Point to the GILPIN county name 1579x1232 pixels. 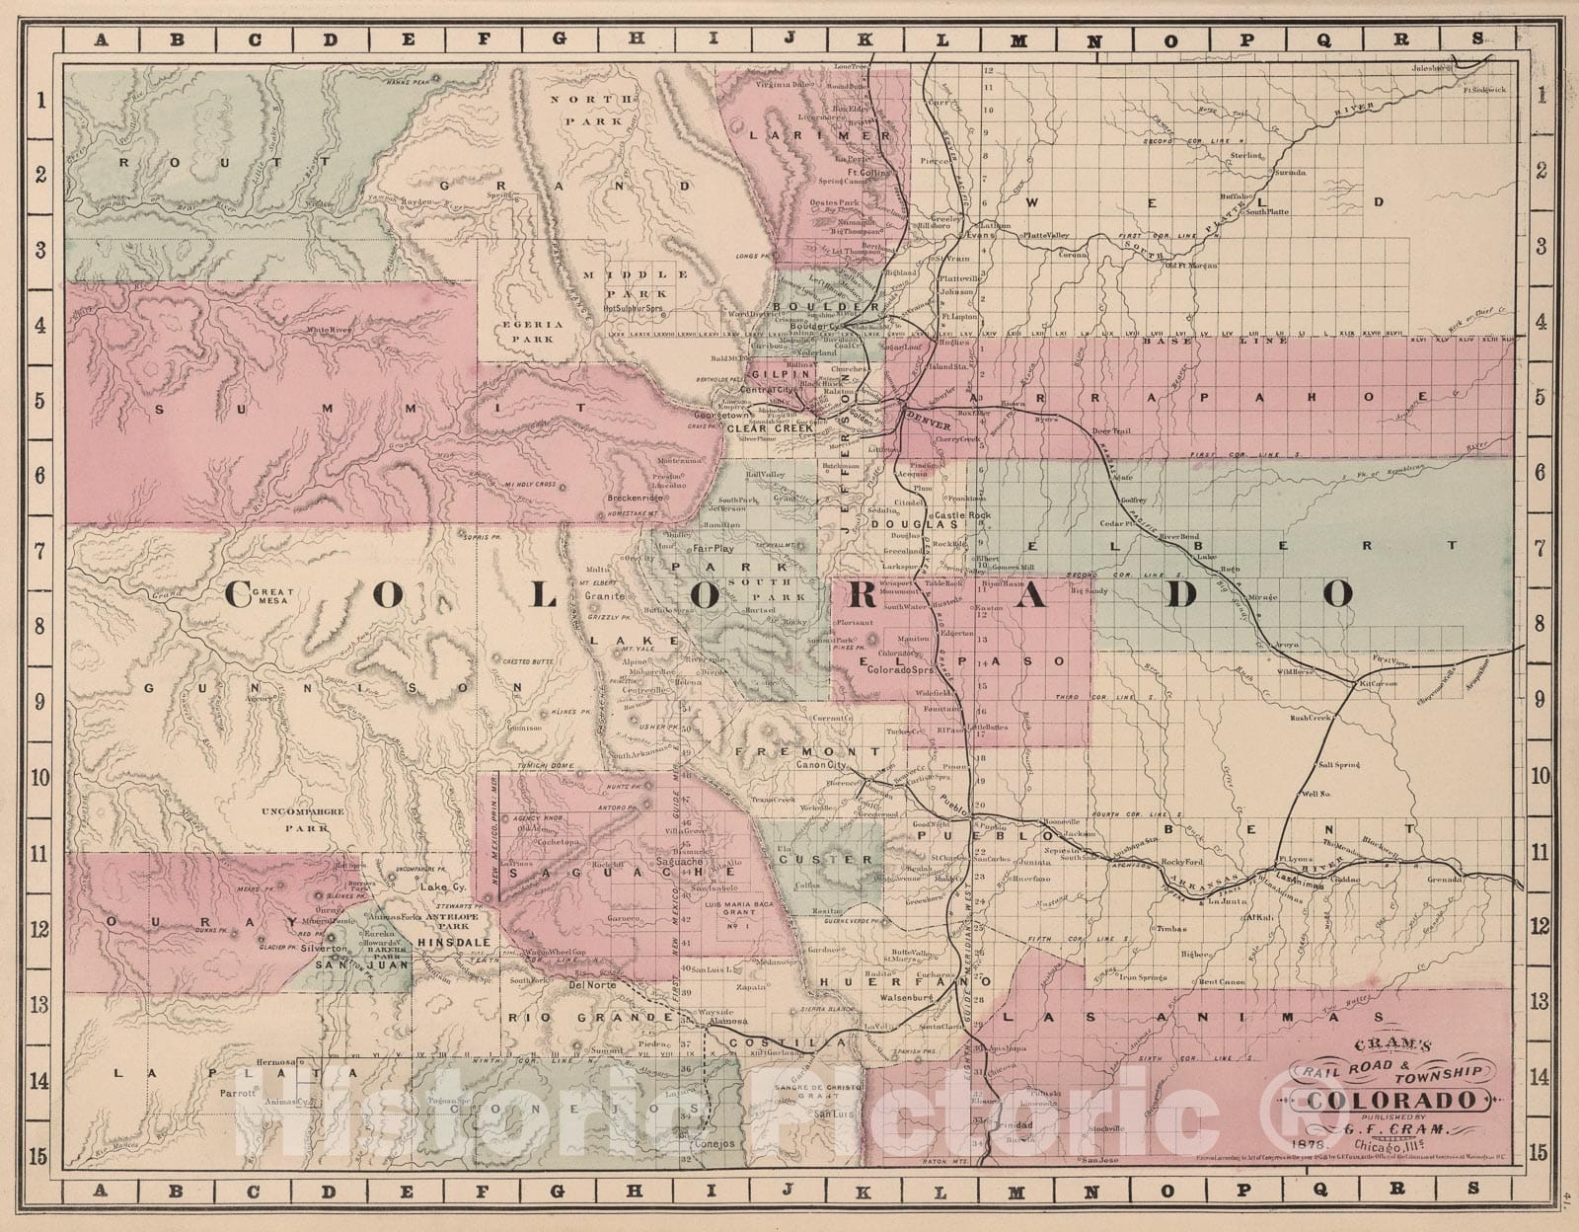pyautogui.click(x=774, y=375)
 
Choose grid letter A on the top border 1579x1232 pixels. pyautogui.click(x=101, y=39)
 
